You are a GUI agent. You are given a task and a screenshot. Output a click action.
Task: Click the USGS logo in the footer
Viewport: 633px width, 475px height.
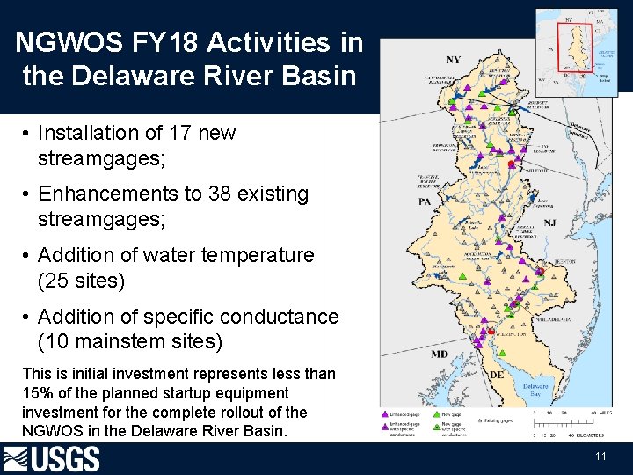[x=52, y=459]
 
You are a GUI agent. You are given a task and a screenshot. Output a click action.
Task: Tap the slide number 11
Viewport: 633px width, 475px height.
[x=600, y=457]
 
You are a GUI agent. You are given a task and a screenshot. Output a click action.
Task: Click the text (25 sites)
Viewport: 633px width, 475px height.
[x=82, y=281]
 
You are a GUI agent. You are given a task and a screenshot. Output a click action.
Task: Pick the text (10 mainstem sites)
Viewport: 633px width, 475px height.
[x=130, y=341]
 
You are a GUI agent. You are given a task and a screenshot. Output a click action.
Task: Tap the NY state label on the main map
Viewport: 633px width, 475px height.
[x=453, y=60]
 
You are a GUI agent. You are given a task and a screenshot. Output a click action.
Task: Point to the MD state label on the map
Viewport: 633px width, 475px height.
[x=440, y=354]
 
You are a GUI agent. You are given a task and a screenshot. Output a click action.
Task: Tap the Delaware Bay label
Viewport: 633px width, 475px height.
[x=535, y=391]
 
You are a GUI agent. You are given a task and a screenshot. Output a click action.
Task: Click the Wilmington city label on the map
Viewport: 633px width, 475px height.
[x=511, y=334]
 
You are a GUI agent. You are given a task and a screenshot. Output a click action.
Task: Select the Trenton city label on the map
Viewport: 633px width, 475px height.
[x=564, y=262]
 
